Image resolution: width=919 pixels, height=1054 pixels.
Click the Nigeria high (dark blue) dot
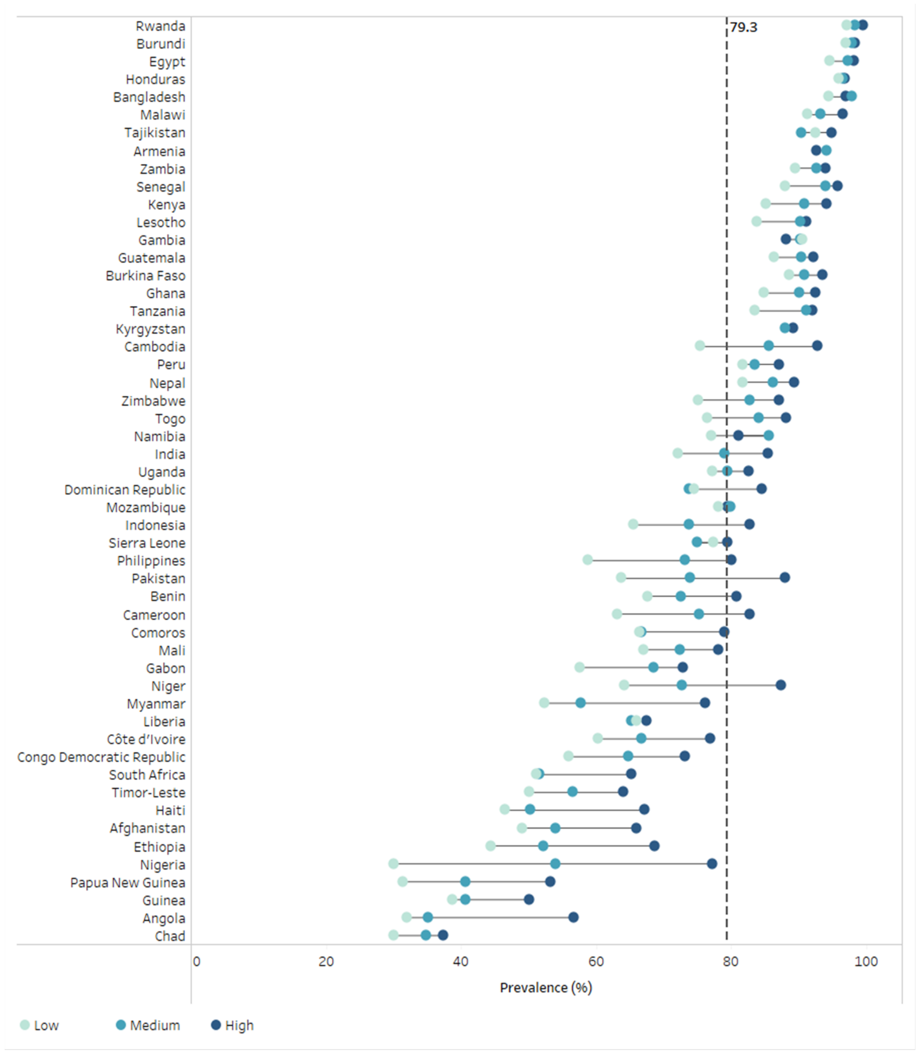point(712,864)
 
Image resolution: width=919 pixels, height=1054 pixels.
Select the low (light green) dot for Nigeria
point(393,864)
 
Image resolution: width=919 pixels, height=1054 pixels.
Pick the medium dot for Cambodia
point(768,346)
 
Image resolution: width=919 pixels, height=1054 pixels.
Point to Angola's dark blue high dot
point(573,917)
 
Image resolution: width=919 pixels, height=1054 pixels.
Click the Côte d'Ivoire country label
point(146,739)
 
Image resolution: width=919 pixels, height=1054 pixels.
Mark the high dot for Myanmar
point(705,703)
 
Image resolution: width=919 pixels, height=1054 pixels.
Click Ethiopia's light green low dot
point(490,846)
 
